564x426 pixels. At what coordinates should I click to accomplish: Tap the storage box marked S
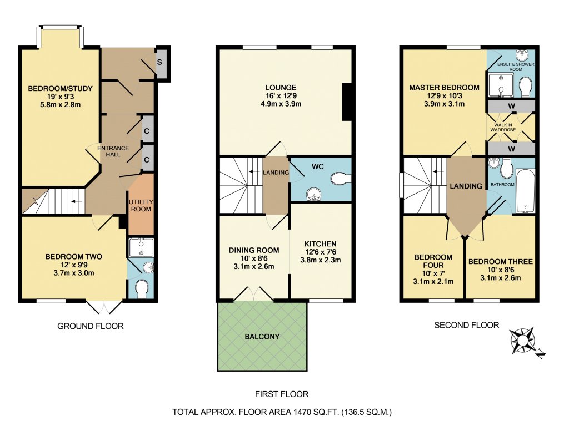[159, 61]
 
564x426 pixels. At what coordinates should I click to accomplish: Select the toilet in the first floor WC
[339, 179]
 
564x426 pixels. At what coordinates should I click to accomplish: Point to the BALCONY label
[262, 337]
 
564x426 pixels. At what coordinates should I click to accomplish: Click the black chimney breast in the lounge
[347, 102]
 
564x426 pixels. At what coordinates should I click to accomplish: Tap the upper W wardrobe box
[511, 106]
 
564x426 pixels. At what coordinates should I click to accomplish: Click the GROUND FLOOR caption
[91, 326]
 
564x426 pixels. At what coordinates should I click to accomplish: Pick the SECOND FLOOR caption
[466, 325]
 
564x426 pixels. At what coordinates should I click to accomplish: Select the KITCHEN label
[320, 244]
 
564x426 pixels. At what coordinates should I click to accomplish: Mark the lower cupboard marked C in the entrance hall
[147, 160]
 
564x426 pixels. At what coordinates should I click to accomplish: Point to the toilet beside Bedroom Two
[142, 289]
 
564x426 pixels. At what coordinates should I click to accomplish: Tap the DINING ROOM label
[254, 250]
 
